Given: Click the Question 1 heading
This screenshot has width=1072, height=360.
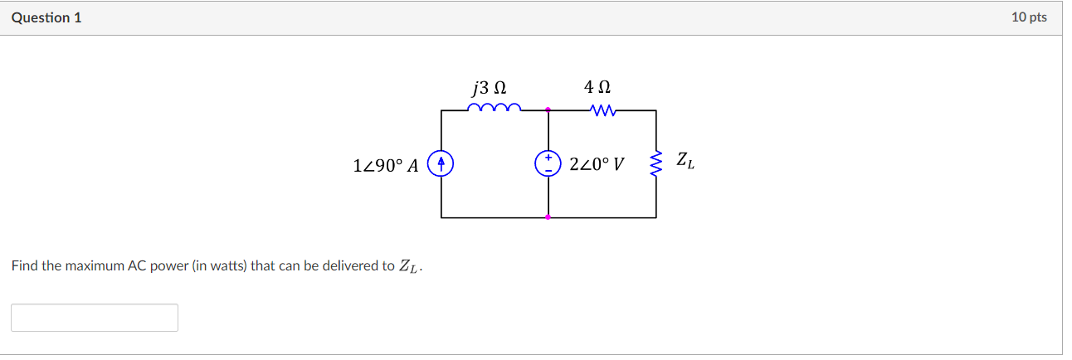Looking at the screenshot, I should point(46,17).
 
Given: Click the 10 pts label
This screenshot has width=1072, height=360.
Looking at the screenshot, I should point(1029,17).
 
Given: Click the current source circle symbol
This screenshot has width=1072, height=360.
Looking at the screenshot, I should point(441,163).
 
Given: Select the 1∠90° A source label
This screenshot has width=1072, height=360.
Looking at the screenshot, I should point(385,165).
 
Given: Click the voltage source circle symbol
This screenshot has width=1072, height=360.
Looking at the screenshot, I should point(548,163).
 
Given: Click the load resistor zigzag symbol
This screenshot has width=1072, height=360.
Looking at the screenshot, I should point(656,163).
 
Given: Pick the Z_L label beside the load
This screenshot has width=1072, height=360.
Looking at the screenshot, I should point(685,161).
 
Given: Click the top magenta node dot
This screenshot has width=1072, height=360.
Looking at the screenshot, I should point(548,109).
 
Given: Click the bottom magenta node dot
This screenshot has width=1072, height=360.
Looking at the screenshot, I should point(548,217).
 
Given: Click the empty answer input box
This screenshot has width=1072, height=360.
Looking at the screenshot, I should point(95,318).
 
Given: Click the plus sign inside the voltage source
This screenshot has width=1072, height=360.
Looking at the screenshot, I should point(548,157).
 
